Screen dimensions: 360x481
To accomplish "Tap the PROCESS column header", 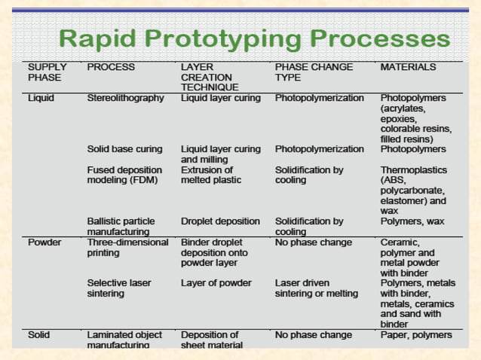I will point(111,67).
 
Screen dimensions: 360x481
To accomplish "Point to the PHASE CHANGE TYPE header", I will point(314,72).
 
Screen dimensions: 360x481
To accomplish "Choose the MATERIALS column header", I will point(408,67).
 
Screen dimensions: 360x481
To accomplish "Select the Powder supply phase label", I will point(44,243).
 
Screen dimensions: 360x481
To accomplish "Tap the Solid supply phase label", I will point(39,334).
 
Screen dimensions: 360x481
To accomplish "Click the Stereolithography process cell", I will point(125,98).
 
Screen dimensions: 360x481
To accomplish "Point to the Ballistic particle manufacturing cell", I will point(121,227).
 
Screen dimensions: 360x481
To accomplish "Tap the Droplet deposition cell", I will point(220,221).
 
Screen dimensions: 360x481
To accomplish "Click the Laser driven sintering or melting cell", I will point(317,288).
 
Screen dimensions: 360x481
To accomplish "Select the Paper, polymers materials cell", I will point(416,334).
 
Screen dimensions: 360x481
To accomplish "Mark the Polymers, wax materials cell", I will point(412,221).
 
